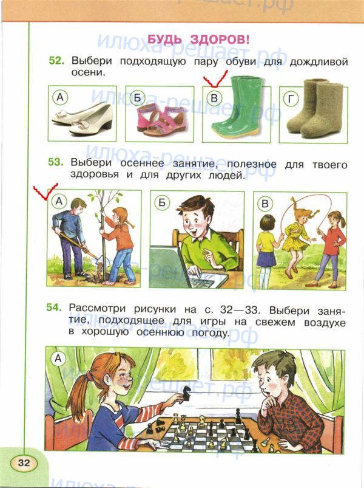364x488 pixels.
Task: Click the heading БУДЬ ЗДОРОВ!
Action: pyautogui.click(x=198, y=40)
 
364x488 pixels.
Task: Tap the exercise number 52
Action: pyautogui.click(x=56, y=60)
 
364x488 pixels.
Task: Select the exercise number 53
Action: pyautogui.click(x=56, y=162)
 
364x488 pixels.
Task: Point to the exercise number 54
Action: pyautogui.click(x=55, y=307)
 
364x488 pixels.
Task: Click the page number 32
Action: pyautogui.click(x=24, y=462)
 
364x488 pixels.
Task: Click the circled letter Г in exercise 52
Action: pyautogui.click(x=291, y=98)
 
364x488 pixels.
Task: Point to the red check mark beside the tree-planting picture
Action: pyautogui.click(x=45, y=191)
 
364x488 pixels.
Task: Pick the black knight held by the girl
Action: pyautogui.click(x=187, y=393)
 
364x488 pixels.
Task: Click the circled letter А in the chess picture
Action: pyautogui.click(x=58, y=359)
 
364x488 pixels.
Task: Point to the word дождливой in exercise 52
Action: pyautogui.click(x=318, y=61)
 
